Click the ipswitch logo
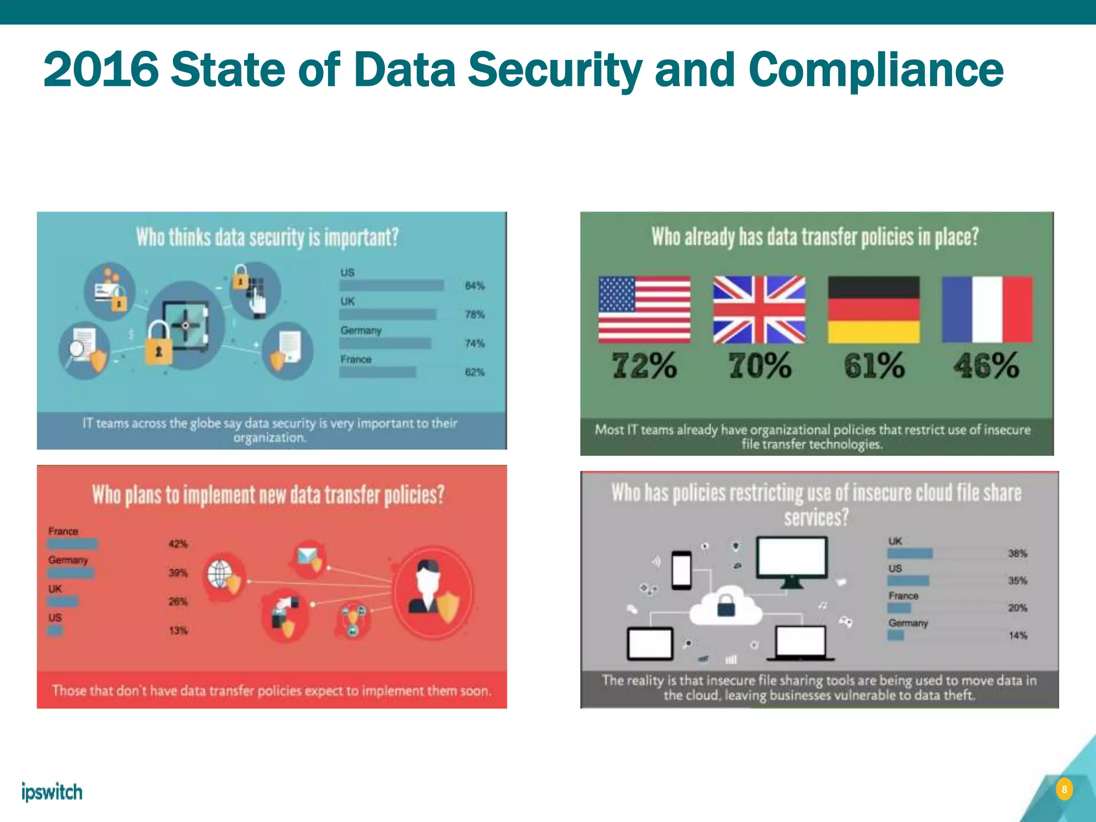(52, 791)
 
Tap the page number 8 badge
(1064, 789)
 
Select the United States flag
(644, 309)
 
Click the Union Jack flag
(759, 309)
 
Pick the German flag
(873, 309)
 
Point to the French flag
(987, 309)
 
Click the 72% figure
(644, 366)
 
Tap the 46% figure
(986, 366)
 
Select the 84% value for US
(474, 286)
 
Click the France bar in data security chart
(378, 372)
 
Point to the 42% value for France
(178, 544)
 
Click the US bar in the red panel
(55, 630)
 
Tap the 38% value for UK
(1017, 553)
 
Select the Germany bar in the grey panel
(895, 635)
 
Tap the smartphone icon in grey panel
(681, 570)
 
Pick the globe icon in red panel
(220, 574)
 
